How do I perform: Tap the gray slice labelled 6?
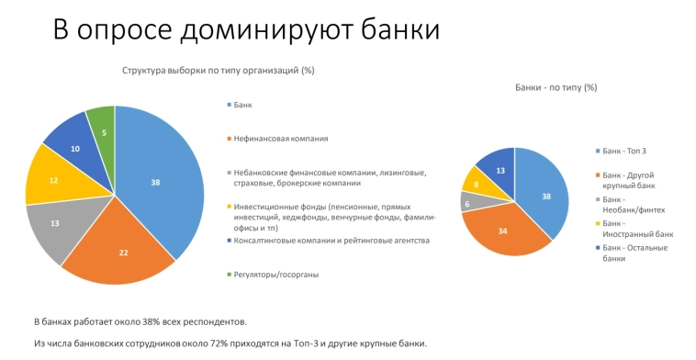(468, 203)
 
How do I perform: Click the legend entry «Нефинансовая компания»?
(281, 139)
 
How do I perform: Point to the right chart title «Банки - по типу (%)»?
(556, 87)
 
